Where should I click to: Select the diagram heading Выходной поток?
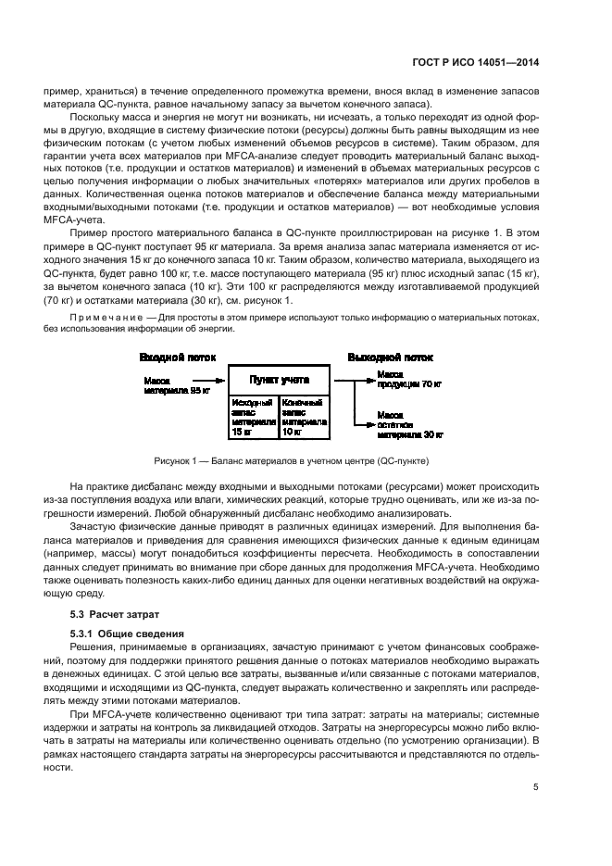[390, 357]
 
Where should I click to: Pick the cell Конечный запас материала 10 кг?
[302, 417]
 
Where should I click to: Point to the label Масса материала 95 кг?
[177, 383]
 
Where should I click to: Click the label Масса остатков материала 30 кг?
[410, 422]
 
